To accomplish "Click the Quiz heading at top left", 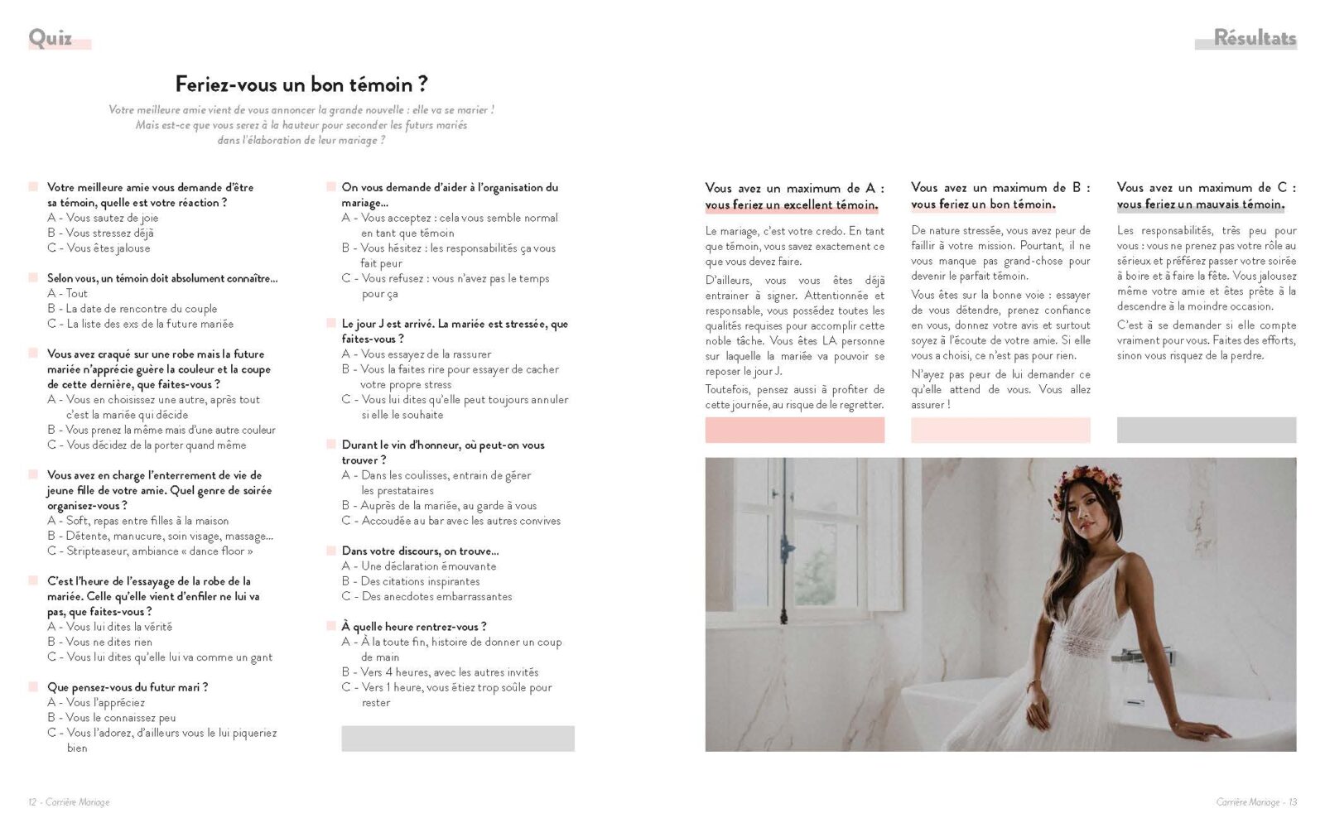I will [51, 38].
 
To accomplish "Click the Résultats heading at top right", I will [1254, 38].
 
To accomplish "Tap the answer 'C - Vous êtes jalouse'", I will [99, 248].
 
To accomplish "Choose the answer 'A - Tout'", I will [68, 293].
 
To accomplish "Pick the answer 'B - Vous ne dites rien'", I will [100, 642].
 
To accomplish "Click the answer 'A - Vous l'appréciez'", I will [96, 702].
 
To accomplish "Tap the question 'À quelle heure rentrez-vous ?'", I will [414, 627].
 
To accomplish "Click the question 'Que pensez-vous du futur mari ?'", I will [128, 687].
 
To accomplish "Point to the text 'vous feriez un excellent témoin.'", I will [792, 205].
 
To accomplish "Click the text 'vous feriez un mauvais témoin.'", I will [1201, 205].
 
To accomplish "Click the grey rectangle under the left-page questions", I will [457, 739].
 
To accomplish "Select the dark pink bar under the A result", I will [794, 430].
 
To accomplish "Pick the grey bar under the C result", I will [1206, 430].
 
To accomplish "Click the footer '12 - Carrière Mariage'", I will [69, 801].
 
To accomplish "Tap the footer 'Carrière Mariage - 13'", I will [1256, 801].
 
